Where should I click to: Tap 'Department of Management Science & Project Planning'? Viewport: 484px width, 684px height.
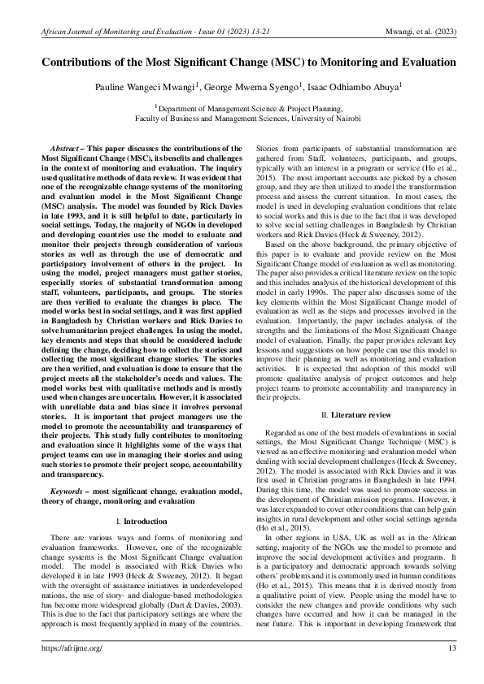point(243,106)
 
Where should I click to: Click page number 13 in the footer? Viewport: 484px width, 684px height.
point(451,647)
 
